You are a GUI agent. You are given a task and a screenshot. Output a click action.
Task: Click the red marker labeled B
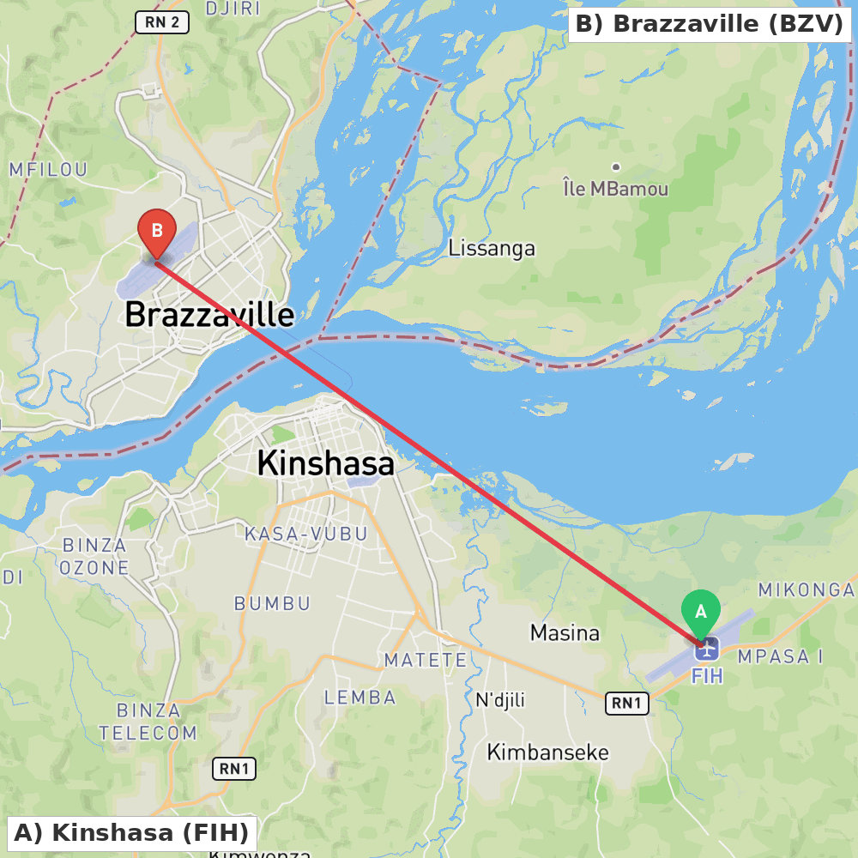click(x=157, y=231)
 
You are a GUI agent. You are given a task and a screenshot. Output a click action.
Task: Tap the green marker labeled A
click(x=701, y=612)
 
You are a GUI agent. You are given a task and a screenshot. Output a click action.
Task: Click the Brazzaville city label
click(x=209, y=315)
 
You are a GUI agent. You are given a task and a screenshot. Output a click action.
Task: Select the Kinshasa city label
click(x=325, y=463)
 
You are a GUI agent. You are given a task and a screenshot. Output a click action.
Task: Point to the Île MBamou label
click(x=615, y=188)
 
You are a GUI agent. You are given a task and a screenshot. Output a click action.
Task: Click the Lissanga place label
click(x=492, y=249)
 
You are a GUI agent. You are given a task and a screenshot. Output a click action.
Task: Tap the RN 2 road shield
click(x=162, y=22)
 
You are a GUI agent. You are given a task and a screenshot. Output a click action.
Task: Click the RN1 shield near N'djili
click(x=626, y=704)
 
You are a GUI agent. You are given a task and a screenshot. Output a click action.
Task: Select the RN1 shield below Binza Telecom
click(x=234, y=769)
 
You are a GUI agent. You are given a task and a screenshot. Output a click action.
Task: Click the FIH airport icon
click(x=706, y=649)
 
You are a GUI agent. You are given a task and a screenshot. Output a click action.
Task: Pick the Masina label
click(x=565, y=633)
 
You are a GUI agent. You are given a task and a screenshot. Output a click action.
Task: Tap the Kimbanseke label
click(x=547, y=752)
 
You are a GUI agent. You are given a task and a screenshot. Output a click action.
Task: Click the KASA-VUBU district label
click(x=306, y=534)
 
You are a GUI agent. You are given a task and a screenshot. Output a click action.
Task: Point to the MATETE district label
click(x=426, y=660)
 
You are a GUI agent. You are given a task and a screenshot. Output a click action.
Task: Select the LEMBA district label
click(x=360, y=698)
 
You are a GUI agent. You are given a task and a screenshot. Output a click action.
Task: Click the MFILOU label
click(x=48, y=169)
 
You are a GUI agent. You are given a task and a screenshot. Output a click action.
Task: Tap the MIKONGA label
click(x=807, y=590)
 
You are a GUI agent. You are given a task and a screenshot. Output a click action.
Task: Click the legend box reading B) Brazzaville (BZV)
click(x=710, y=24)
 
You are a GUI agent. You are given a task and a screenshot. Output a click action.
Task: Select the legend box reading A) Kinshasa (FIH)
click(x=131, y=832)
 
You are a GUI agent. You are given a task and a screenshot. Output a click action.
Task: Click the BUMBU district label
click(x=272, y=603)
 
